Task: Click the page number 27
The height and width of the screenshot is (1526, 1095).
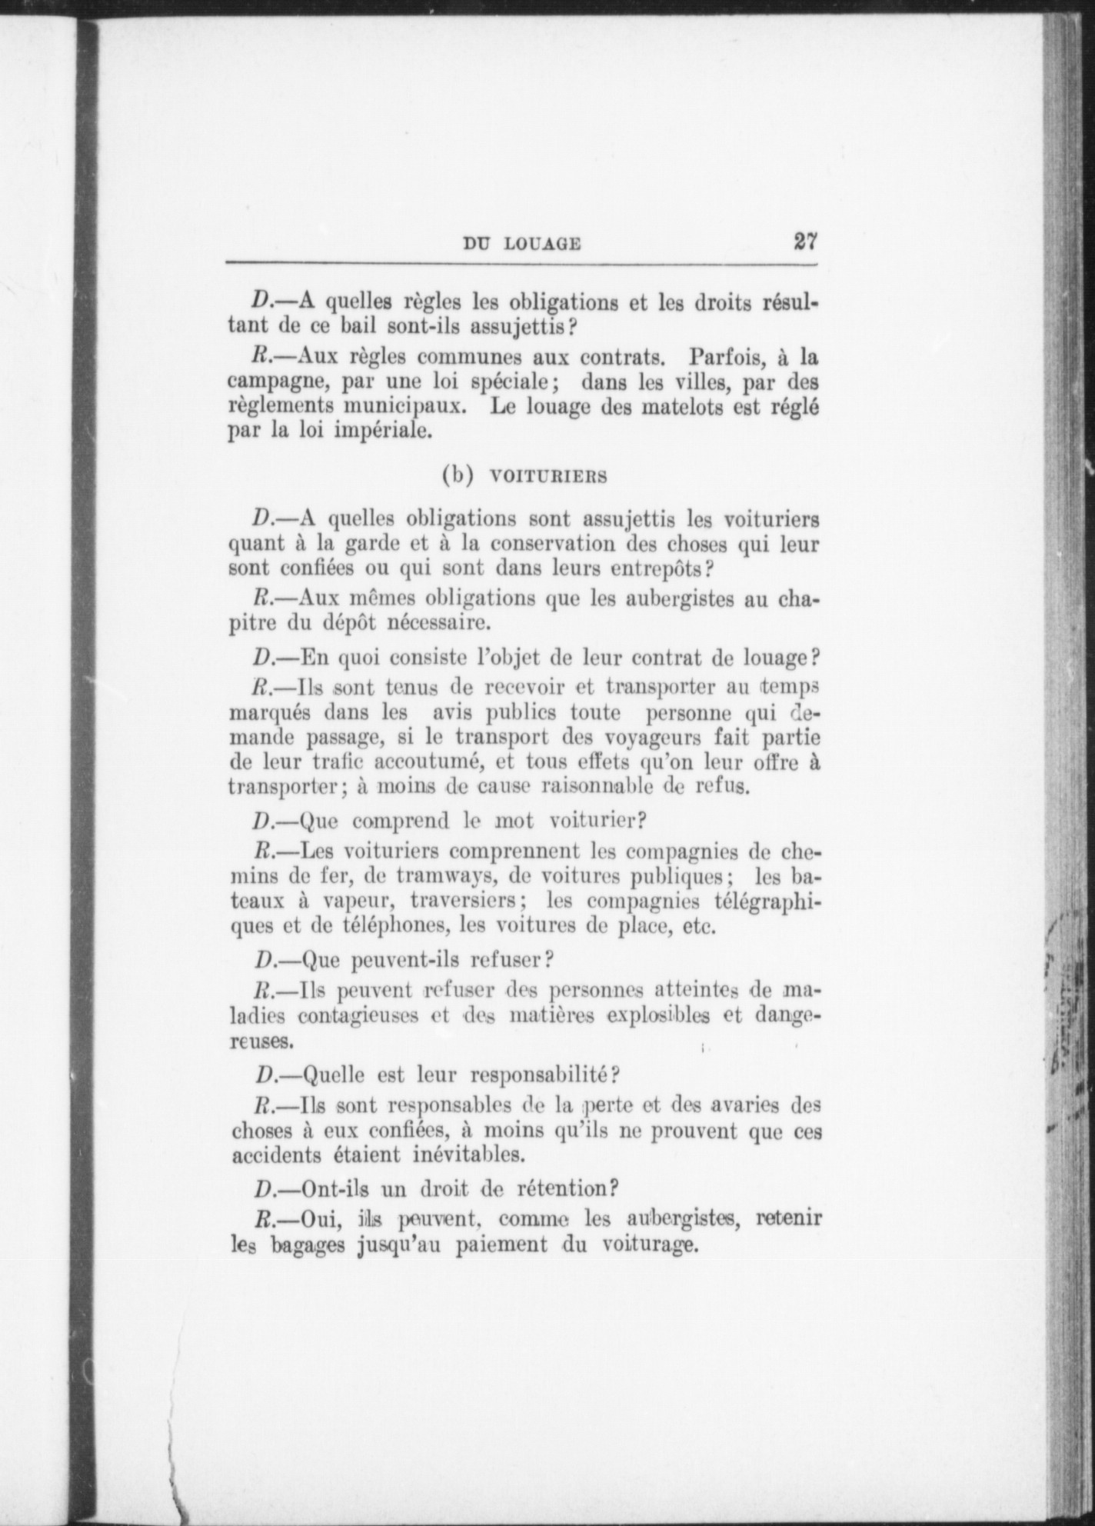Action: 804,241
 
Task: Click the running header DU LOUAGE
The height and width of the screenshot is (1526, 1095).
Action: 521,244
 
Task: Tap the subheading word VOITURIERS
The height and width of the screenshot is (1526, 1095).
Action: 548,476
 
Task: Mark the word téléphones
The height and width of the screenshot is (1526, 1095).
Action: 391,925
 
